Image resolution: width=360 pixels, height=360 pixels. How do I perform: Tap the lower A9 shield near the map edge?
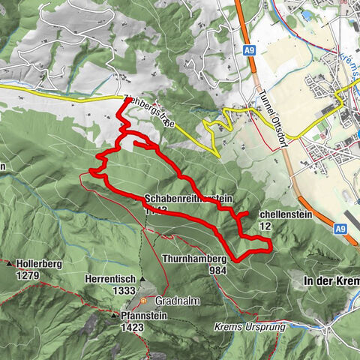(x=340, y=229)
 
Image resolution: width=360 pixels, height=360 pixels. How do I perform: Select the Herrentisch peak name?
(x=110, y=278)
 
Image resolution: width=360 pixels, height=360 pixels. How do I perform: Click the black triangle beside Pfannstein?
(x=115, y=316)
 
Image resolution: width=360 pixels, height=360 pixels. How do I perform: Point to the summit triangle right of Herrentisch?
(x=142, y=278)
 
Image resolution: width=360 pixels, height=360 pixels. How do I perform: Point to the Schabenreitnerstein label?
(x=187, y=199)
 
